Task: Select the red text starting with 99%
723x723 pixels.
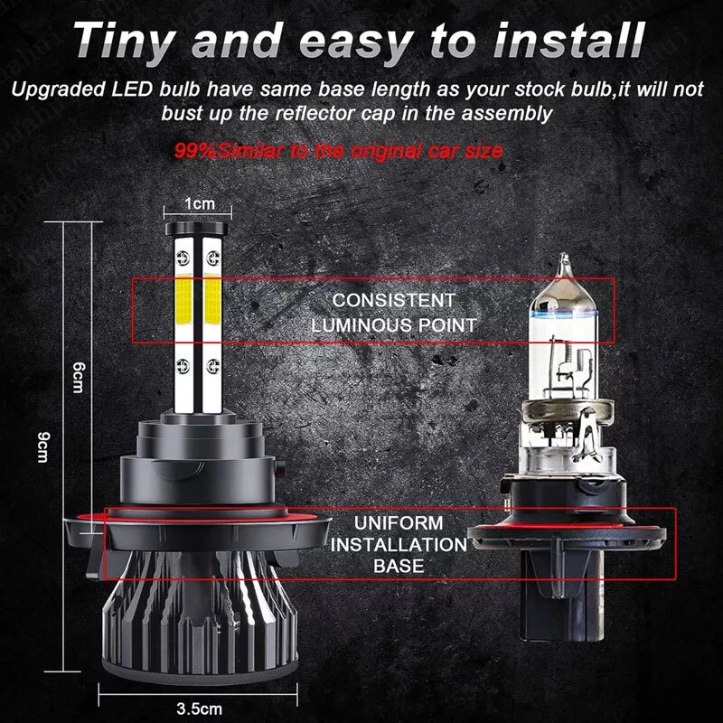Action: [x=338, y=150]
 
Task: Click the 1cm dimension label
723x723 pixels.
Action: [x=199, y=204]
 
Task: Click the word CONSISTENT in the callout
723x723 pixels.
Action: [x=393, y=300]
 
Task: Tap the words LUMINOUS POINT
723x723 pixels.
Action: [x=393, y=324]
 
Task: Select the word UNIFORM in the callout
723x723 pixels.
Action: [x=399, y=523]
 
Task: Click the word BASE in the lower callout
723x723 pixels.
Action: [x=399, y=567]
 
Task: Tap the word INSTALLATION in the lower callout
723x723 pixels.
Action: [x=399, y=545]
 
